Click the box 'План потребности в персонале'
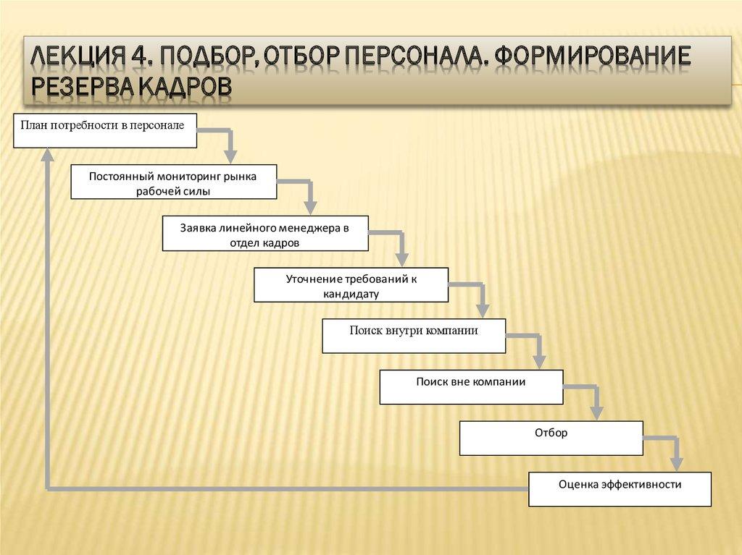104,130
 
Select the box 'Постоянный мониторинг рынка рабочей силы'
173,182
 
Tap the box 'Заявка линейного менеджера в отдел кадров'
264,234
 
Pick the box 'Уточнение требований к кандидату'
351,284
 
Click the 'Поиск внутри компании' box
414,336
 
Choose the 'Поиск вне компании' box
471,386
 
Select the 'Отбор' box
551,438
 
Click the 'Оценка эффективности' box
620,489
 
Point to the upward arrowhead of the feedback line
48,154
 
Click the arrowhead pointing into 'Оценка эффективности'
675,464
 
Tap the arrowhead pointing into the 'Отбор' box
596,412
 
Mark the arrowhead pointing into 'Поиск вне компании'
539,361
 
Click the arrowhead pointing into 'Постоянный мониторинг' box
230,156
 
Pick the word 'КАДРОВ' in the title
181,86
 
